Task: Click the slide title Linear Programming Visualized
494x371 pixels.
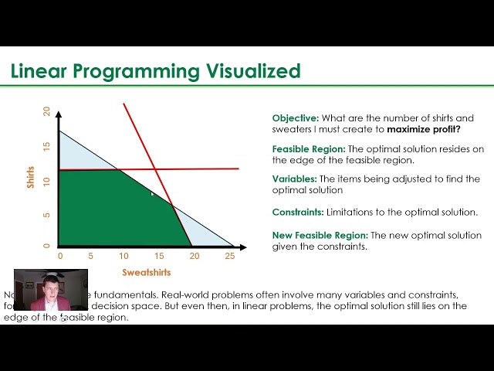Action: pyautogui.click(x=155, y=72)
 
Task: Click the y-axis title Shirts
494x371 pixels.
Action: pyautogui.click(x=32, y=177)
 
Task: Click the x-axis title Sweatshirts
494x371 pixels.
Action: pyautogui.click(x=147, y=272)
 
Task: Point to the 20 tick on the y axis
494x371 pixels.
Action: pyautogui.click(x=46, y=111)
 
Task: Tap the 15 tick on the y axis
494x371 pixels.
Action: pyautogui.click(x=46, y=147)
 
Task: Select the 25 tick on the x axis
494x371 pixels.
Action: pyautogui.click(x=229, y=256)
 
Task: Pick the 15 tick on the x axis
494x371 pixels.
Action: pyautogui.click(x=158, y=256)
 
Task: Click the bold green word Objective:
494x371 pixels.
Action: pyautogui.click(x=296, y=118)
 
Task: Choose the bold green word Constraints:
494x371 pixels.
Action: pyautogui.click(x=298, y=211)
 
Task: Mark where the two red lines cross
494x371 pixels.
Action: pyautogui.click(x=156, y=169)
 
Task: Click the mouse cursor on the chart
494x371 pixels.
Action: pyautogui.click(x=153, y=194)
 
